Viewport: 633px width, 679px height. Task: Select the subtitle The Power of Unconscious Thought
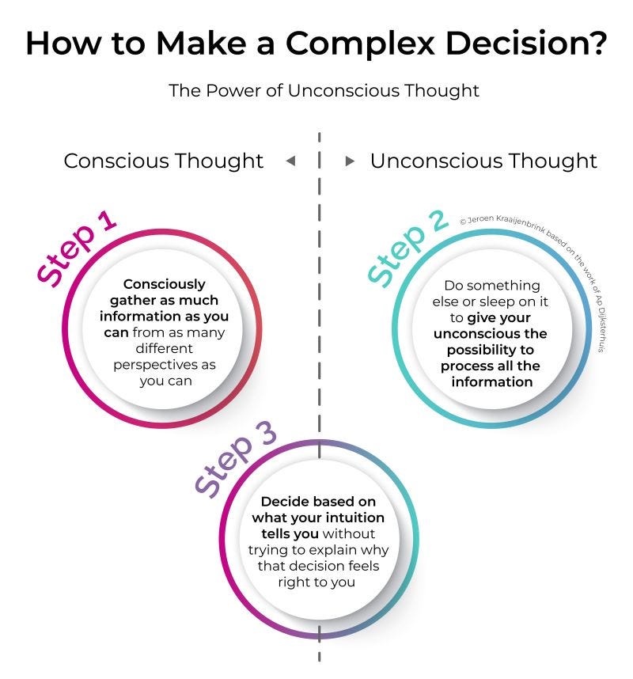click(324, 90)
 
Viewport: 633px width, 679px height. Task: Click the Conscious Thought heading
click(163, 161)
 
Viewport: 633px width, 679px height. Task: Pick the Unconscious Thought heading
click(483, 161)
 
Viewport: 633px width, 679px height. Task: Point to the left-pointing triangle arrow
click(290, 161)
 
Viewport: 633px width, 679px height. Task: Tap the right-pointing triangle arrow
click(350, 161)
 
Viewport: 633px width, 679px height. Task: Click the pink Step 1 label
click(78, 247)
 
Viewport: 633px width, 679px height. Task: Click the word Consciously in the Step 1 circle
click(165, 284)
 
